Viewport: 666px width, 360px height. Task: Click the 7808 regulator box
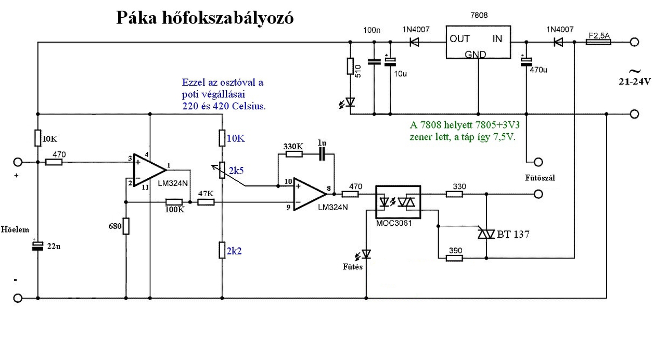[x=478, y=42]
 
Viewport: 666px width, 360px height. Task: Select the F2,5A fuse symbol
[x=598, y=42]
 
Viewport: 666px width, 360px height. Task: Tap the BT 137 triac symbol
[x=486, y=234]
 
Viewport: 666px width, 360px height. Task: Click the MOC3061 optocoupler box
[x=398, y=202]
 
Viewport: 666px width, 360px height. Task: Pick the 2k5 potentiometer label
[x=236, y=171]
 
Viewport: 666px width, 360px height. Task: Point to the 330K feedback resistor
[x=294, y=154]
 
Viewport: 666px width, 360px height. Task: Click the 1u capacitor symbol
[x=322, y=154]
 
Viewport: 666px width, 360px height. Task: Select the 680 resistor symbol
[x=126, y=226]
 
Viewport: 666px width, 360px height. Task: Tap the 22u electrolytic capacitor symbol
[x=38, y=246]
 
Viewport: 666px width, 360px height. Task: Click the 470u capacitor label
[x=539, y=70]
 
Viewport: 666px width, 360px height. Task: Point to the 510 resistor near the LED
[x=350, y=66]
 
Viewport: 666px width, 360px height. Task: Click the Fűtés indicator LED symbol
[x=366, y=254]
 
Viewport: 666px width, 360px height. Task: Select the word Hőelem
[x=15, y=229]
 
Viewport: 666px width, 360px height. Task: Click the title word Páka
[x=136, y=18]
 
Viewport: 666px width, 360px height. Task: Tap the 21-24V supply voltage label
[x=635, y=82]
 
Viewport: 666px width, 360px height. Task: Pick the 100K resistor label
[x=175, y=210]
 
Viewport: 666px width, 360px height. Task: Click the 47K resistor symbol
[x=206, y=202]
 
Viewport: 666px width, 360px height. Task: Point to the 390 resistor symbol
[x=455, y=258]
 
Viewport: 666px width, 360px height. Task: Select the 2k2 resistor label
[x=234, y=251]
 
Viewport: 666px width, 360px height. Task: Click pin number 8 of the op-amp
[x=328, y=188]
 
